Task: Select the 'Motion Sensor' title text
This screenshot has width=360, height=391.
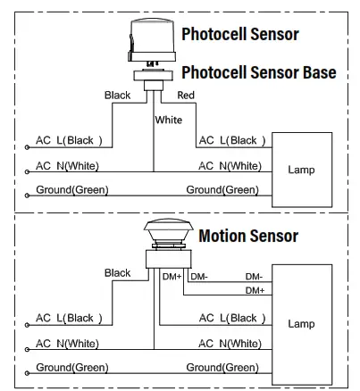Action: click(248, 236)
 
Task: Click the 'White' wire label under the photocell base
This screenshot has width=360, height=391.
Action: click(169, 119)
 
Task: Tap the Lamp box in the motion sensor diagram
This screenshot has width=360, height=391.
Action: click(301, 324)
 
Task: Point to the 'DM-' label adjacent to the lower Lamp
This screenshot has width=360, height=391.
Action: click(254, 277)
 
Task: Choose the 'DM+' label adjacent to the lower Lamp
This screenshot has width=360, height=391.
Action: click(254, 291)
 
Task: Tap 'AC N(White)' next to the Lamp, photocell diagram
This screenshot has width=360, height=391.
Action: click(230, 166)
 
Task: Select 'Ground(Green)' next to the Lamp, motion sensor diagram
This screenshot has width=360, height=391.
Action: click(223, 368)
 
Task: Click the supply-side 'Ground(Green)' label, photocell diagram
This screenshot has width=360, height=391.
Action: click(72, 190)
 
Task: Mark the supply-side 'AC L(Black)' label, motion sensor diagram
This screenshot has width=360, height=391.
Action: click(70, 318)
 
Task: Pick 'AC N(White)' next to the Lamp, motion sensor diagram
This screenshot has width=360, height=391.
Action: click(230, 344)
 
